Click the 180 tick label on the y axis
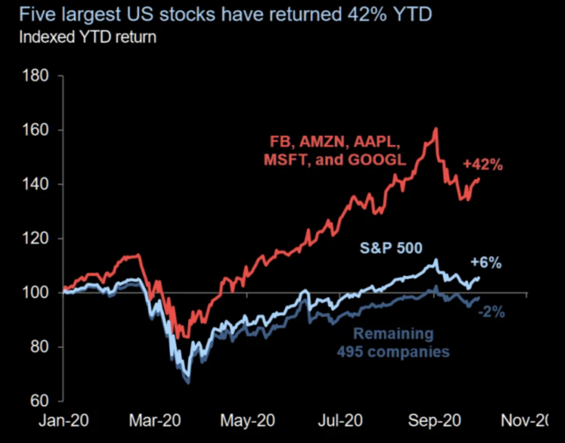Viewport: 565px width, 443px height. coord(35,76)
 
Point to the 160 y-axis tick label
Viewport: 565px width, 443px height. coord(35,130)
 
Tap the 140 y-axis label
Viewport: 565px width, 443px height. coord(35,184)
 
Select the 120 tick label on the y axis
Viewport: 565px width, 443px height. coord(35,238)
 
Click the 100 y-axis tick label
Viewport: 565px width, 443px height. coord(35,292)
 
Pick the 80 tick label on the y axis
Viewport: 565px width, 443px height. coord(39,347)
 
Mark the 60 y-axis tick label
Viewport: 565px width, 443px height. coord(39,401)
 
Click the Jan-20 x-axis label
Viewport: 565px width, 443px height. coord(63,421)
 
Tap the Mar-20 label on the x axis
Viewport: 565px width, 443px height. coord(155,421)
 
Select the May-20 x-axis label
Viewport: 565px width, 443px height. coord(247,421)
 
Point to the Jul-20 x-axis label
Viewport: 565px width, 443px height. coord(340,421)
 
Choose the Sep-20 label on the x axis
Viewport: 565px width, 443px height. coord(434,421)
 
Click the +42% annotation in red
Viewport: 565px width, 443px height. coord(483,165)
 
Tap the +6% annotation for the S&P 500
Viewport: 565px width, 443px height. coord(486,263)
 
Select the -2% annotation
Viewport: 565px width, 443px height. coord(492,312)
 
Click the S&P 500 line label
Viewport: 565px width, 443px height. coord(391,248)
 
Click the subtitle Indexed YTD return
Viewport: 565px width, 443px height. coord(87,38)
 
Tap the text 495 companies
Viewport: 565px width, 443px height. coord(393,351)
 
